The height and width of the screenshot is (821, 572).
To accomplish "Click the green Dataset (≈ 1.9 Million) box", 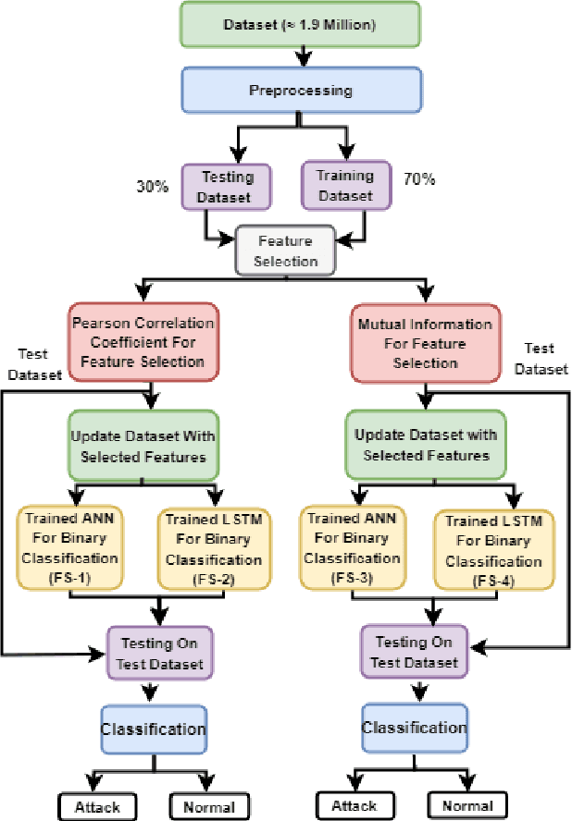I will tap(299, 25).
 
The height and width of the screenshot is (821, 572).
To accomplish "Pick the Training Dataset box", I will tap(344, 184).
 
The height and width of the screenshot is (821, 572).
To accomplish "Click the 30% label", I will tap(152, 186).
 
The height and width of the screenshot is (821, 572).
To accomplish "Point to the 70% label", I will tap(419, 179).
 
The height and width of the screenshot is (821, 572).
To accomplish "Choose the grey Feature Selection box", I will tap(285, 251).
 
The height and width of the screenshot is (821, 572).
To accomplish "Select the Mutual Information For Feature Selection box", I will tap(425, 343).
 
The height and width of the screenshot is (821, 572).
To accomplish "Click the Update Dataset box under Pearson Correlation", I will tap(142, 446).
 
